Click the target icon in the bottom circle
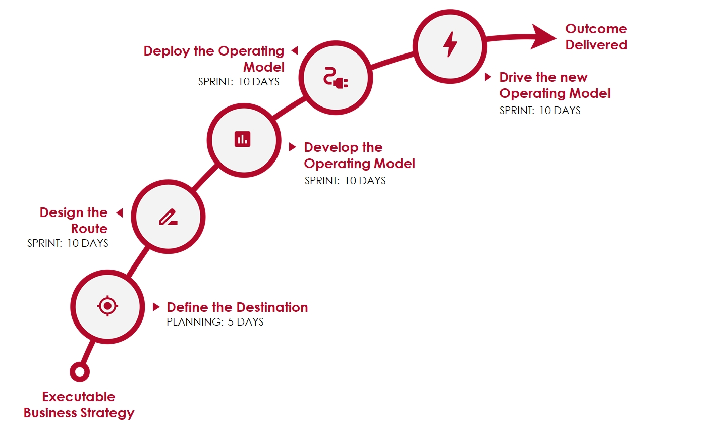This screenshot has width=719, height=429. pos(107,306)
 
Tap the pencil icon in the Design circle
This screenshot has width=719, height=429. pos(168,217)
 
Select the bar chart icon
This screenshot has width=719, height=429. pos(243,139)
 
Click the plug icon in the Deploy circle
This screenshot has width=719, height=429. pos(336,78)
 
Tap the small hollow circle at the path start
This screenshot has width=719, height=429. pos(80,372)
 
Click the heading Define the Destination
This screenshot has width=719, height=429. pos(237,307)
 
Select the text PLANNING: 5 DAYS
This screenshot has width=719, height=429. pos(215,322)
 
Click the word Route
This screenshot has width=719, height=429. pos(89,229)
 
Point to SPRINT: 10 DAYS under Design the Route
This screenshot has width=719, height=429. pos(68,243)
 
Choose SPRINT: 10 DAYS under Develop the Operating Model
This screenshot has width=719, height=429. pos(345,181)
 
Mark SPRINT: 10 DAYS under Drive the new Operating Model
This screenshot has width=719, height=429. pos(540,111)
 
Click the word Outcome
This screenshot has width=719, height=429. pos(596,29)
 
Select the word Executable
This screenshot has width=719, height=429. pos(79,397)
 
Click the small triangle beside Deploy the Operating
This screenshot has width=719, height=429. pos(295,50)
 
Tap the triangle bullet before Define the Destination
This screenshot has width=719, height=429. pos(156,307)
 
